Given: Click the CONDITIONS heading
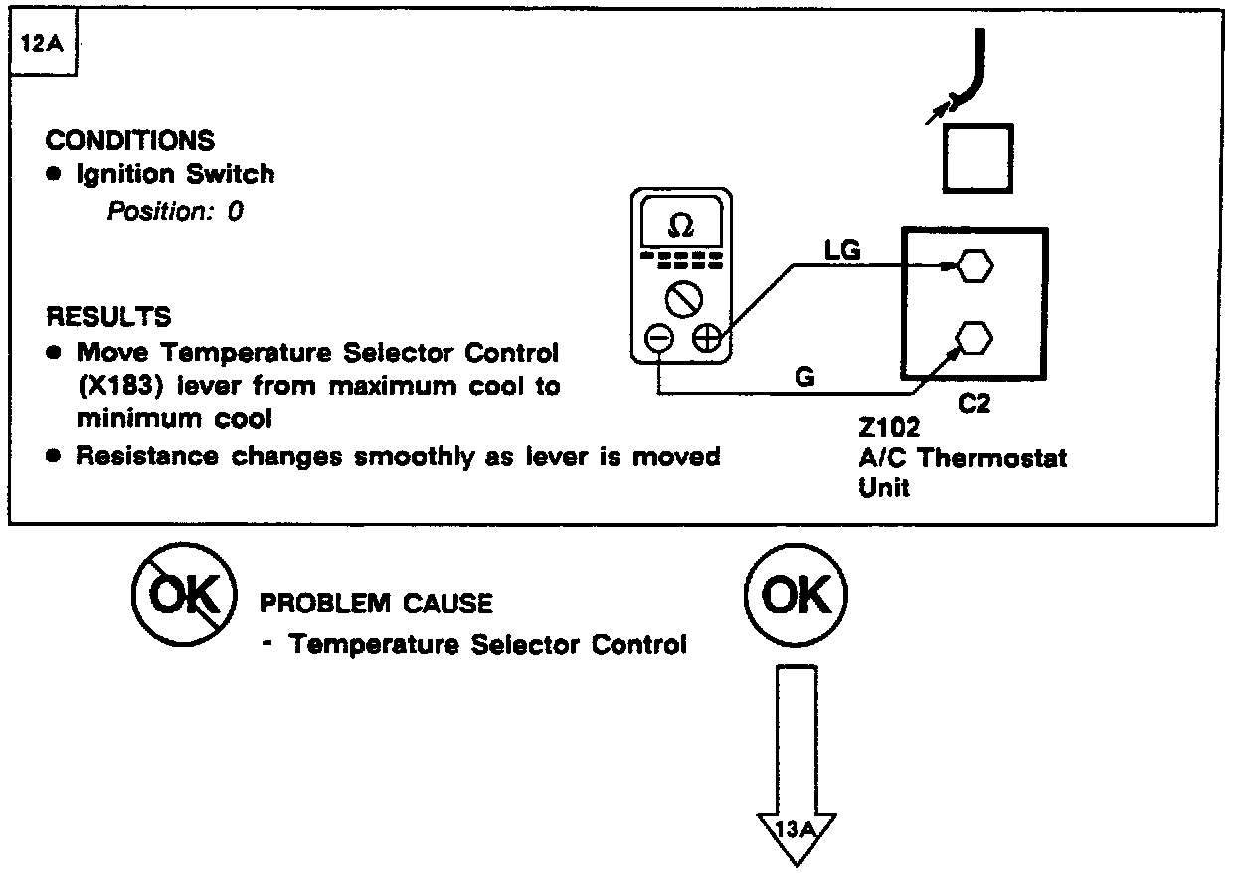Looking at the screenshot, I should tap(129, 140).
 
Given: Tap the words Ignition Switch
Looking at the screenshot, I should tap(176, 174).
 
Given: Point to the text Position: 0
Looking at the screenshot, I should tap(175, 211).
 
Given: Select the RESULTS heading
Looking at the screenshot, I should tap(109, 317).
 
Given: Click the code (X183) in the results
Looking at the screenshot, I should tap(120, 386).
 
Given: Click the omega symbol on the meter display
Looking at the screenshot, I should tap(681, 228).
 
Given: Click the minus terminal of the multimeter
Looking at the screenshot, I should tap(659, 339).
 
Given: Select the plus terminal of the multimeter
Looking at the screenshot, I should tap(707, 339).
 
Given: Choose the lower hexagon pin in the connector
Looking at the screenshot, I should tap(974, 338).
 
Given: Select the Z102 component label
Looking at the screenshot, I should tap(889, 428).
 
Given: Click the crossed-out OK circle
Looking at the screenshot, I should tap(184, 597).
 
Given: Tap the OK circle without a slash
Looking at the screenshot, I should tap(796, 597).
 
